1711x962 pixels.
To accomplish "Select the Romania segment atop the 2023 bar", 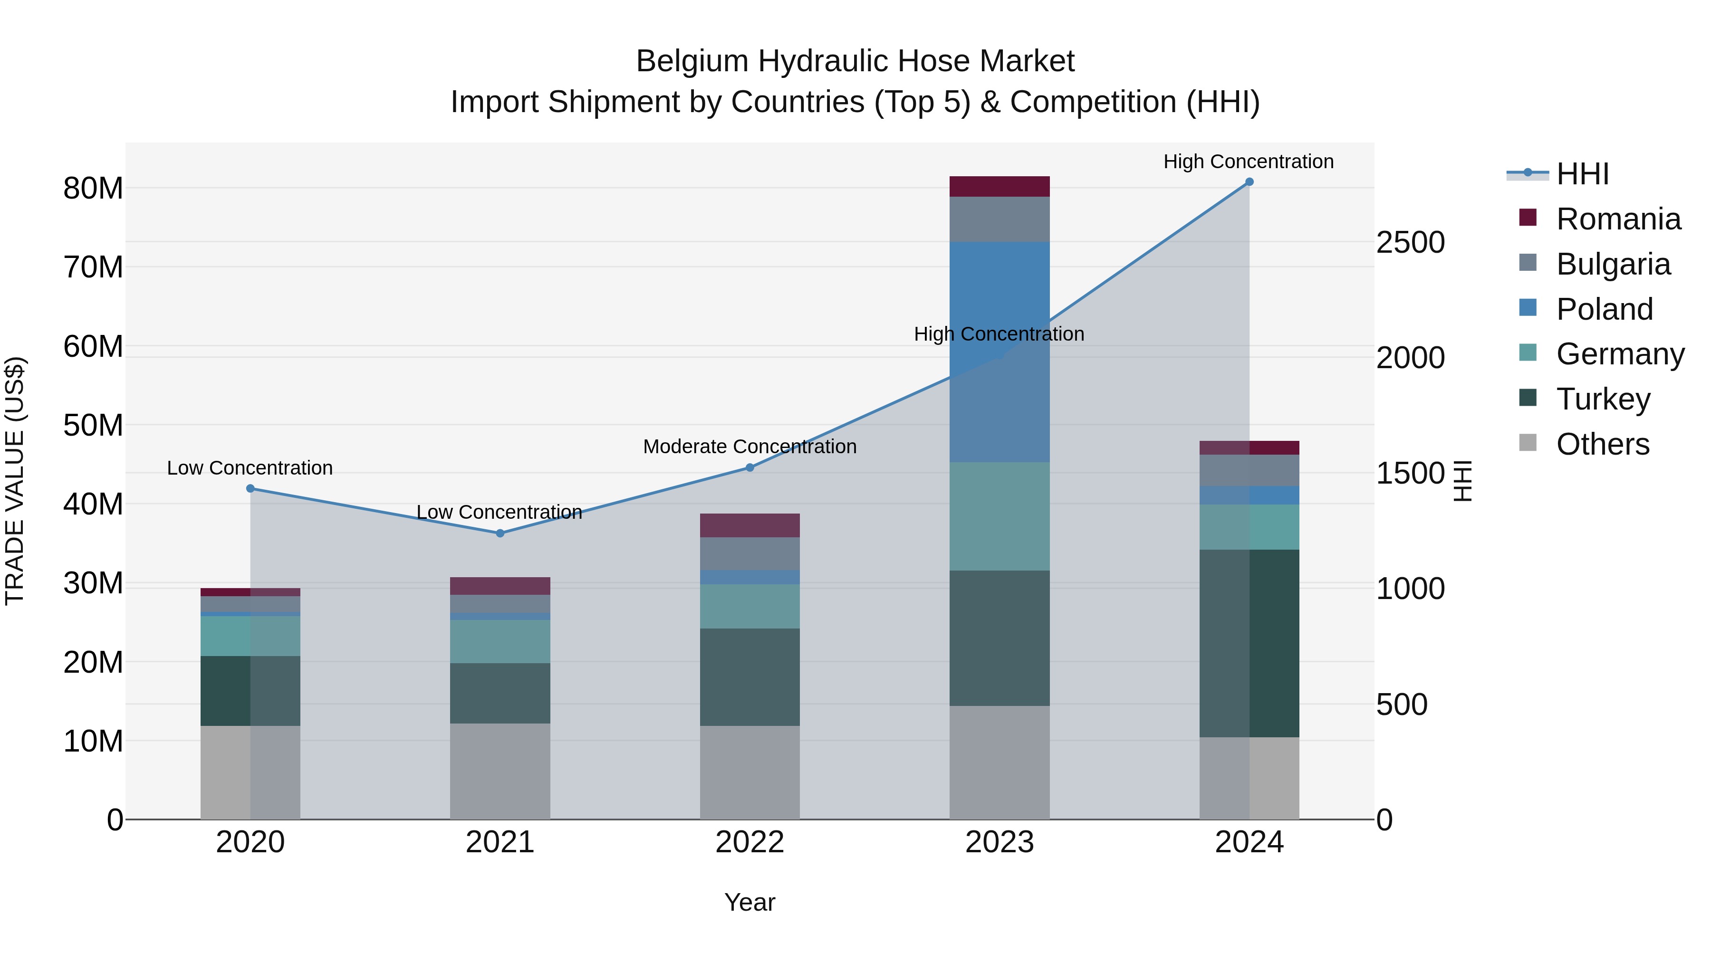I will [999, 187].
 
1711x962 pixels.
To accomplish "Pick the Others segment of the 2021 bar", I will [500, 771].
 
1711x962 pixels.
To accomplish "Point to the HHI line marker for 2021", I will [500, 533].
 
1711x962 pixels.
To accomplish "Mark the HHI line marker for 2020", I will [250, 489].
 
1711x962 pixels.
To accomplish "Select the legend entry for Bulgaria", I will [1613, 264].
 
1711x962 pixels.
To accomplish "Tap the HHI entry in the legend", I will [1582, 174].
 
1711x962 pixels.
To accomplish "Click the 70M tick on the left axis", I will [93, 267].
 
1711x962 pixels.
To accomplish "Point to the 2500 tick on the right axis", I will [1410, 242].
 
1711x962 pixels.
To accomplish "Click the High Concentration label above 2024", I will [1248, 162].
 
